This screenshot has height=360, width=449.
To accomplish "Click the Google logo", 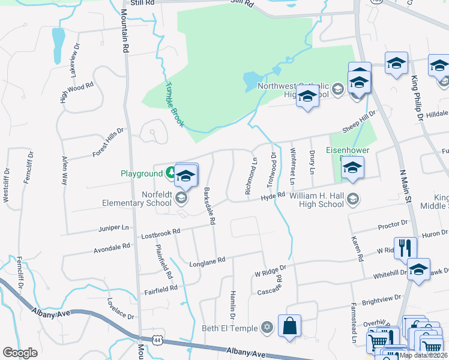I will [20, 353].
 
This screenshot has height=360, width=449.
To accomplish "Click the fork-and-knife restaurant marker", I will [405, 247].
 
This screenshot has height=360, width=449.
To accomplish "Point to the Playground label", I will [142, 173].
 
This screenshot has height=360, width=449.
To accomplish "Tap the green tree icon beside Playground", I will [171, 173].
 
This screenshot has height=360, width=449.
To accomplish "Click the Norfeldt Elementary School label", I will [152, 198].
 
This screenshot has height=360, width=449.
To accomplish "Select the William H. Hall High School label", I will [317, 200].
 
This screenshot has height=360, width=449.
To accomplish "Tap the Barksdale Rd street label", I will [209, 206].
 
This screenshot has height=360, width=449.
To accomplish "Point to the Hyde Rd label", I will [272, 196].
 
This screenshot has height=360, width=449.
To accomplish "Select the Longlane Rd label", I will [207, 262].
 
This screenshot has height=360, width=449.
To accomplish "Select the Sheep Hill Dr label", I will [358, 122].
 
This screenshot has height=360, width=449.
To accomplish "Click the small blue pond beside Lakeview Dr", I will [58, 45].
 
